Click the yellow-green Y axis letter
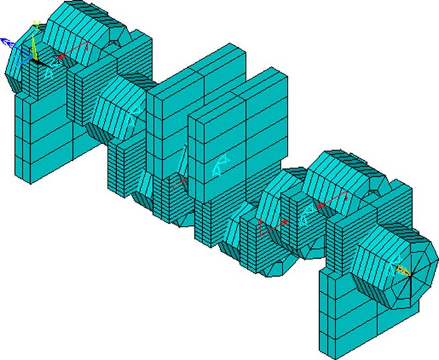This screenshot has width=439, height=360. tap(37, 24)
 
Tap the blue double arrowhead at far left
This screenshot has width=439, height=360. tap(7, 42)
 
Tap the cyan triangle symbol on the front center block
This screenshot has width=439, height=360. tap(219, 167)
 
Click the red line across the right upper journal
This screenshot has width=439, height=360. tap(333, 202)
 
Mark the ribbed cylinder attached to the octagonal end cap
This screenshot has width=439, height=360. tap(375, 263)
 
